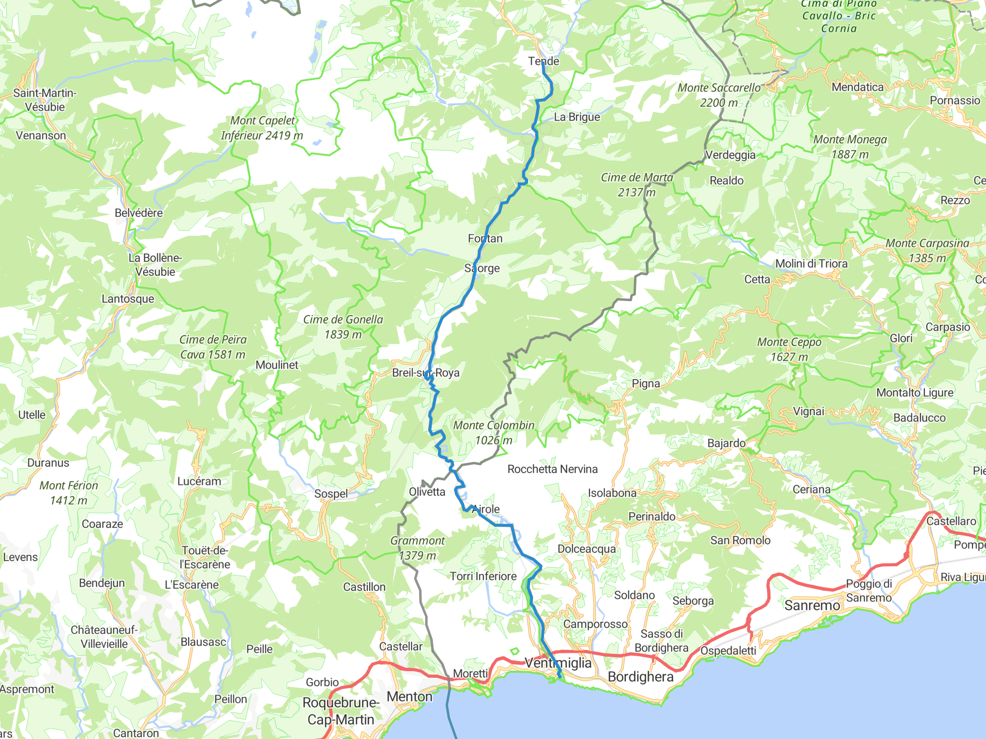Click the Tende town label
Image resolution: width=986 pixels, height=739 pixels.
tap(544, 61)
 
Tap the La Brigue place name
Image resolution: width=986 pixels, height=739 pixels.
tap(577, 117)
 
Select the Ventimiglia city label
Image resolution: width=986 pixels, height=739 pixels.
tap(558, 663)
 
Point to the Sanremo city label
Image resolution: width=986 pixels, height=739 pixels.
tap(812, 605)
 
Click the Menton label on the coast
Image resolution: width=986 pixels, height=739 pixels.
tap(410, 697)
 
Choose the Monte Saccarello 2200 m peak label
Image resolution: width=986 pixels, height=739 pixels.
tap(719, 95)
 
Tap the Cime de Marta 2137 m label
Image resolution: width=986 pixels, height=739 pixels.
tap(636, 185)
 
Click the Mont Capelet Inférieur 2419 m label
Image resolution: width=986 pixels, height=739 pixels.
tap(262, 128)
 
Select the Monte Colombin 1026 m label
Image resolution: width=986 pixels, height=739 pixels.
tap(494, 433)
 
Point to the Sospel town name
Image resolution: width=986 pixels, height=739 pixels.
tap(331, 494)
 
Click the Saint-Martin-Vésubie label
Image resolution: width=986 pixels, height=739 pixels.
tap(45, 100)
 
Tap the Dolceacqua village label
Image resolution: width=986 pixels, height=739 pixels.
tap(586, 549)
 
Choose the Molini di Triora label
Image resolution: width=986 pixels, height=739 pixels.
tap(811, 264)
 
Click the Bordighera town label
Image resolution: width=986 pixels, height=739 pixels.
tap(640, 677)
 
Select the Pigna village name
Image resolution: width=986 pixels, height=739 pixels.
tap(646, 383)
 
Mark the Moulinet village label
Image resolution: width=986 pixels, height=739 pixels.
tap(277, 365)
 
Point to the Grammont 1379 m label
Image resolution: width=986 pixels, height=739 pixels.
tap(417, 548)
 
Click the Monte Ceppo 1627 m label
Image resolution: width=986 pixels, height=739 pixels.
tap(789, 349)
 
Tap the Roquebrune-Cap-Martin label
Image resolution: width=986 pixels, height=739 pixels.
tap(341, 711)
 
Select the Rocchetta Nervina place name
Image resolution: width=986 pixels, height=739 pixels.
tap(552, 469)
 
